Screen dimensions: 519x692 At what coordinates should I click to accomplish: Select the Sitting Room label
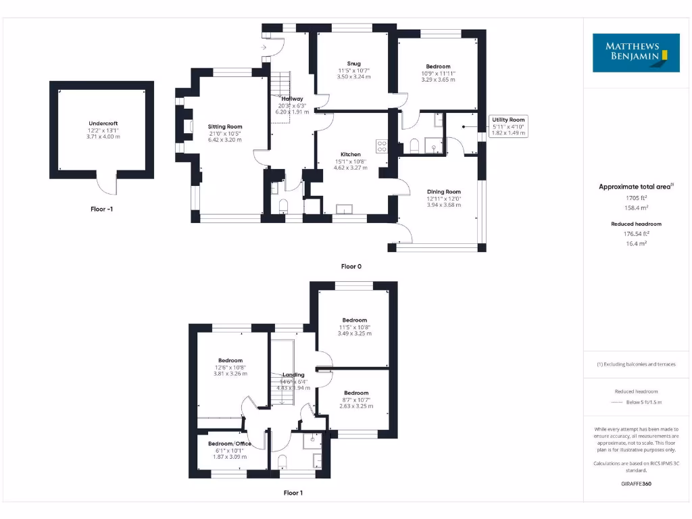tap(225, 126)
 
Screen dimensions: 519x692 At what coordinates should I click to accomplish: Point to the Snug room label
tap(353, 64)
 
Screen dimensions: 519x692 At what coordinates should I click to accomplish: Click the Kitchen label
tap(351, 154)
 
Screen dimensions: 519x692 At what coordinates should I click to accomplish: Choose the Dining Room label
tap(443, 191)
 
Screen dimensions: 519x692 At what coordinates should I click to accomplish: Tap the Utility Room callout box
tap(508, 126)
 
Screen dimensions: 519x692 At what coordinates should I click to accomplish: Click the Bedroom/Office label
tap(230, 443)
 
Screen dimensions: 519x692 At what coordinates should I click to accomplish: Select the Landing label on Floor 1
tap(293, 374)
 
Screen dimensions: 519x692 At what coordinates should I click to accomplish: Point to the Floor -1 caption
tap(101, 209)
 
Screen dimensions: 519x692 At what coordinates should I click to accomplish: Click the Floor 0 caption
tap(351, 266)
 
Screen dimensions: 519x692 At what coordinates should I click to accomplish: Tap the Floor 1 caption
tap(293, 493)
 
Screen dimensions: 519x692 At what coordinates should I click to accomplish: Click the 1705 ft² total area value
tap(635, 198)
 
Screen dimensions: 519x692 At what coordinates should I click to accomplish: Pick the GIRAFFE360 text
tap(635, 484)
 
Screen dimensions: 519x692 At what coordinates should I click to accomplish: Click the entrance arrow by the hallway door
tap(264, 47)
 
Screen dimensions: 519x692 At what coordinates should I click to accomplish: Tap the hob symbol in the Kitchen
tap(382, 145)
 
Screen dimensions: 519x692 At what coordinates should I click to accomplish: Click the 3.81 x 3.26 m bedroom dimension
tap(230, 374)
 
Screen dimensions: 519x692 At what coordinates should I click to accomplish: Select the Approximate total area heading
tap(635, 187)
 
